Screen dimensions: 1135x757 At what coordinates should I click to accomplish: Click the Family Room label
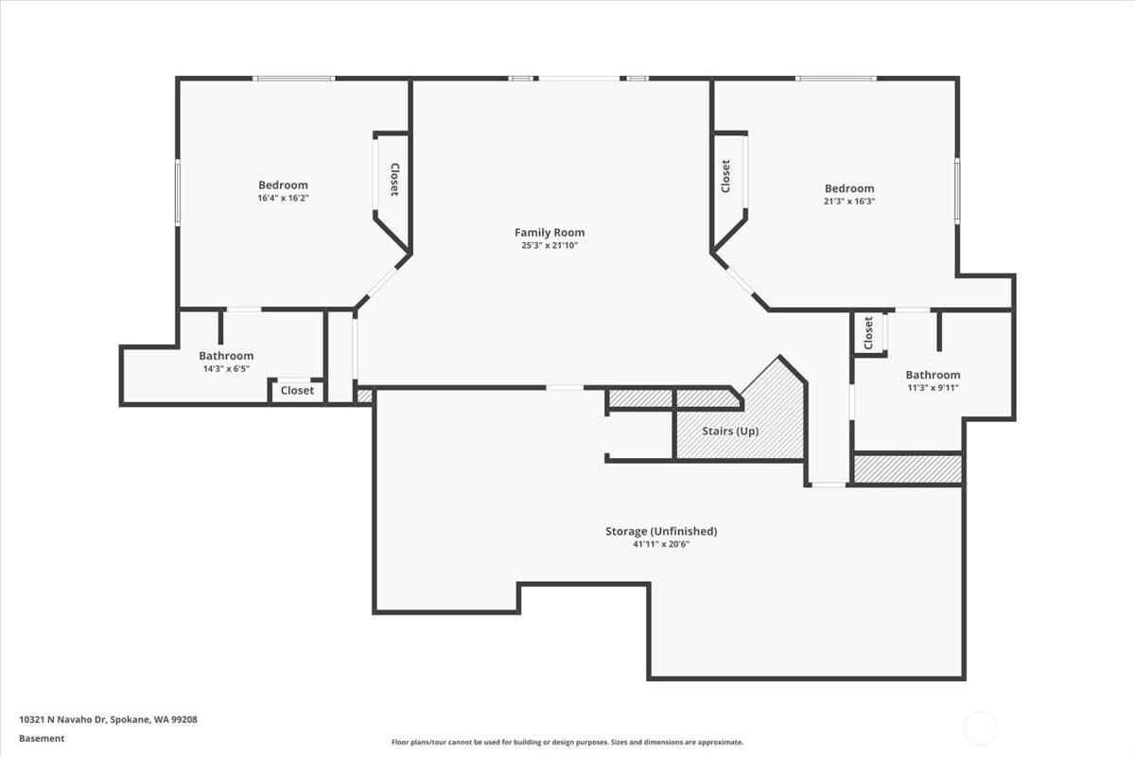(550, 233)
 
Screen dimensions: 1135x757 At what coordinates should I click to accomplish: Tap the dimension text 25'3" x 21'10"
(550, 245)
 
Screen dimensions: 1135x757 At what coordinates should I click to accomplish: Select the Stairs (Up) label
(730, 431)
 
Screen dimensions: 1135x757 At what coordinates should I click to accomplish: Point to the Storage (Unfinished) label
(661, 532)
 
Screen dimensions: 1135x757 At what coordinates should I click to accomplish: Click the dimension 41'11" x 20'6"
(661, 544)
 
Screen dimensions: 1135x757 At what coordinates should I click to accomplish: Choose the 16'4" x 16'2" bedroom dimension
(283, 198)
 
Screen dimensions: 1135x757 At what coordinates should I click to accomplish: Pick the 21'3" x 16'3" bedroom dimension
(849, 201)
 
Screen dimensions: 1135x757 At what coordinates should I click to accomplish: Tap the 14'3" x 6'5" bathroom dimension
(226, 369)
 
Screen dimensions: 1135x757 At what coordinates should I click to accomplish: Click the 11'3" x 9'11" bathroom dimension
(933, 388)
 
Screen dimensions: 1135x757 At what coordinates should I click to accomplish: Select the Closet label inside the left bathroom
(297, 391)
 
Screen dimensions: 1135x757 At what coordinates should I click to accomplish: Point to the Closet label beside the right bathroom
(868, 333)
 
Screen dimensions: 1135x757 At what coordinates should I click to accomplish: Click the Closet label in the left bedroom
(394, 180)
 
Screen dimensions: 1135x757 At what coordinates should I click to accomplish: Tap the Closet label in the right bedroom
(725, 176)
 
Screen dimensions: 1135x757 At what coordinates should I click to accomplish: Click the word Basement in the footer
(42, 738)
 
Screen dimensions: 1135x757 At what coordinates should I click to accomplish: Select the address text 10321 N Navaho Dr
(62, 719)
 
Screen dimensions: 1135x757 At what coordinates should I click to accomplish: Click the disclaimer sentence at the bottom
(567, 742)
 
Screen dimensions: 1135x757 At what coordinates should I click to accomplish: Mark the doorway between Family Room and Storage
(565, 387)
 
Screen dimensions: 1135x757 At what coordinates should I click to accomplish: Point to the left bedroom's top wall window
(294, 79)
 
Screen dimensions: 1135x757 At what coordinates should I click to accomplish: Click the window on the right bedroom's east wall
(957, 190)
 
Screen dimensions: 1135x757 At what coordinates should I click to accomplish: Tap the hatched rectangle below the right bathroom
(908, 469)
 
